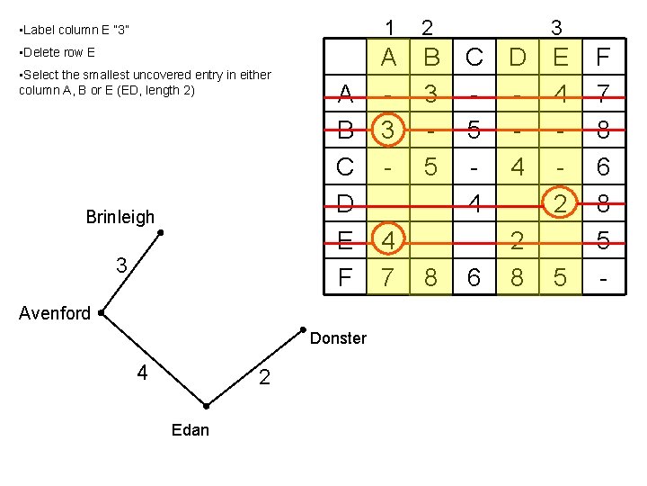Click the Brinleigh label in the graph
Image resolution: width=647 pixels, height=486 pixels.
[x=120, y=217]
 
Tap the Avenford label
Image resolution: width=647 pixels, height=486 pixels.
[x=55, y=314]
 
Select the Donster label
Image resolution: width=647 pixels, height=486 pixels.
[x=338, y=338]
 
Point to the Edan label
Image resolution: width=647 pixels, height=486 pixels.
[x=190, y=430]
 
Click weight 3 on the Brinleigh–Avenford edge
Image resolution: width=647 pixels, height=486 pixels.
[x=120, y=265]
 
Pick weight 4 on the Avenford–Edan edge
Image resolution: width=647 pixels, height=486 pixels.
[x=142, y=371]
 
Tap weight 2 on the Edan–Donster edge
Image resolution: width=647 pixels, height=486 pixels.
[x=263, y=377]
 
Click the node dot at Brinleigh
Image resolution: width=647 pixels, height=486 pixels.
[x=160, y=233]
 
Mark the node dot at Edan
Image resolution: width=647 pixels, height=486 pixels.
[x=206, y=406]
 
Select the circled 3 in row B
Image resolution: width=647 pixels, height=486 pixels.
[x=388, y=130]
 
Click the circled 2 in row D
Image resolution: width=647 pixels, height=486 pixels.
[x=561, y=204]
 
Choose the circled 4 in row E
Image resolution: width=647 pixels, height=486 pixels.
[x=388, y=241]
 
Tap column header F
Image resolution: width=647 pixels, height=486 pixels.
[x=603, y=58]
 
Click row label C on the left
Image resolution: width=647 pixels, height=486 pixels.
[x=344, y=167]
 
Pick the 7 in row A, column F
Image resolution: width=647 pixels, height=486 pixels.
[x=603, y=94]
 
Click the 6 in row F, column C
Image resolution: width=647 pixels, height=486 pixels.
[x=474, y=278]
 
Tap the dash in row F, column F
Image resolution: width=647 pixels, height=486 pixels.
[x=603, y=278]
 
